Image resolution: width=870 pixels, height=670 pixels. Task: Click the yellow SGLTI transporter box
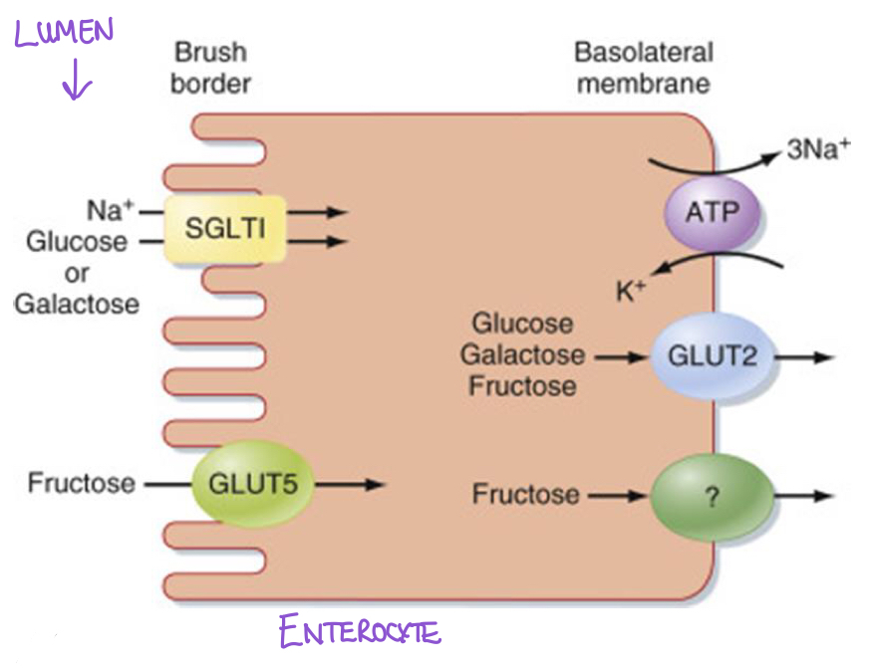(225, 228)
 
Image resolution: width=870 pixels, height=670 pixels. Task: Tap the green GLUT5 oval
(253, 483)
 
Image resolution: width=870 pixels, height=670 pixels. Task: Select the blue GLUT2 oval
(713, 356)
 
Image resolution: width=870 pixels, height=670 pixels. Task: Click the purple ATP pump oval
(712, 213)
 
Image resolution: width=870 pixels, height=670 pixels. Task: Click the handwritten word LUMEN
(64, 32)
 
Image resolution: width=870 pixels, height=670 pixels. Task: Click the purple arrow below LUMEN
(76, 80)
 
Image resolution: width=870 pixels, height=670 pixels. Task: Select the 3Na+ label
(818, 149)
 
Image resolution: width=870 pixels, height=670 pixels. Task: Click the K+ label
(631, 291)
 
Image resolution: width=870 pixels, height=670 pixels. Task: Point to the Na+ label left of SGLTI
(111, 211)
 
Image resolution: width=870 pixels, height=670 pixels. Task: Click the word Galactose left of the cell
(77, 305)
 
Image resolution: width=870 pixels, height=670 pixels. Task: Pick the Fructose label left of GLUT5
(82, 483)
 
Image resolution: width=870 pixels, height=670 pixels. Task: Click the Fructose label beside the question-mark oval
(525, 495)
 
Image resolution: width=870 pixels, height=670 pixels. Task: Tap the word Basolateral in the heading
(644, 53)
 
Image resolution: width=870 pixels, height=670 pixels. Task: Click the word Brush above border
(211, 52)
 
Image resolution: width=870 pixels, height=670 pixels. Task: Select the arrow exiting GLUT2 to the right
(804, 357)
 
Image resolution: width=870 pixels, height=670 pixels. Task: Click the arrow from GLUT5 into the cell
(350, 485)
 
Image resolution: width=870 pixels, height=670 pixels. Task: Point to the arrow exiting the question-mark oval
(804, 496)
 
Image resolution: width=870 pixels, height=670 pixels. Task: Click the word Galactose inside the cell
(522, 354)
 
